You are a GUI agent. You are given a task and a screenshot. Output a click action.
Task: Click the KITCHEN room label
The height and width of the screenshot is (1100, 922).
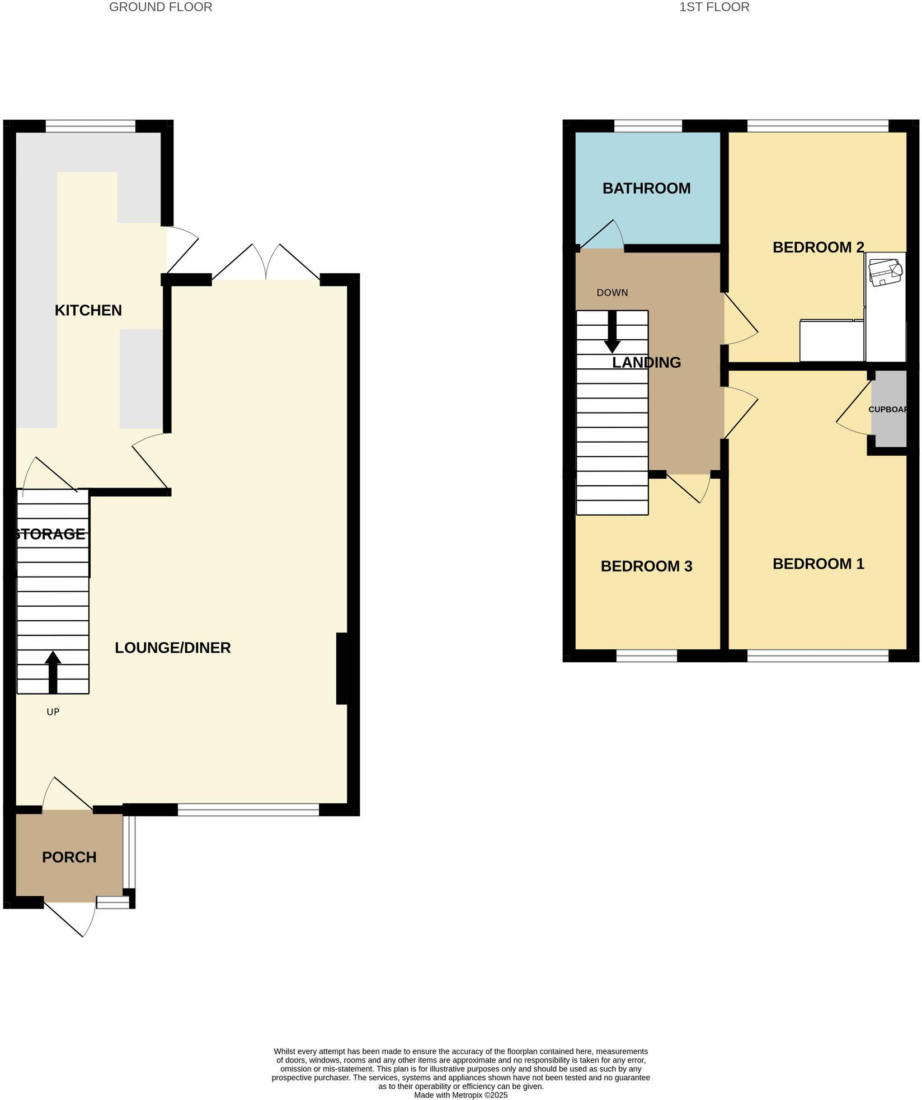[x=88, y=310]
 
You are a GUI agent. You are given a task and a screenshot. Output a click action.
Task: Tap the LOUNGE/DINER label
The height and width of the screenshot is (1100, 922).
[x=173, y=648]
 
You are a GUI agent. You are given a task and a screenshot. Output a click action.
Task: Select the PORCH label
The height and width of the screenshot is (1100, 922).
[x=69, y=857]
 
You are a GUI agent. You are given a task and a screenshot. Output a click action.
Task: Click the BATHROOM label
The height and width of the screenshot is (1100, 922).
[x=646, y=188]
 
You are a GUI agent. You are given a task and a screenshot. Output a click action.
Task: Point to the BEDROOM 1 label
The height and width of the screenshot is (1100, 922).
[x=818, y=564]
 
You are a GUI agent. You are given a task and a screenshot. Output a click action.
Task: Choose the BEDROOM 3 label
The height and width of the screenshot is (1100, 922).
[x=646, y=566]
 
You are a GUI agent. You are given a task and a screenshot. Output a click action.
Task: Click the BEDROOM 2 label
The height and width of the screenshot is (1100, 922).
[x=818, y=247]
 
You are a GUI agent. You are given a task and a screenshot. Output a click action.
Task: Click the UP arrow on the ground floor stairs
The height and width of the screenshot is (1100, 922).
[x=53, y=671]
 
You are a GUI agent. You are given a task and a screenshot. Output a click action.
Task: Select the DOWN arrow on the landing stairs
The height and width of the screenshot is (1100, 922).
[x=613, y=331]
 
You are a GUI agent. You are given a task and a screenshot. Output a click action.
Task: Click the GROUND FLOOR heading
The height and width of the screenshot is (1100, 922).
[x=161, y=7]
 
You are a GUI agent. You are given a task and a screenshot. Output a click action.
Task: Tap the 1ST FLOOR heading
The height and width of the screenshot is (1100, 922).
[x=714, y=7]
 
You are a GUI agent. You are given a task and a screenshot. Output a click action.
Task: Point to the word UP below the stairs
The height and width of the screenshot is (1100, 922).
[x=53, y=712]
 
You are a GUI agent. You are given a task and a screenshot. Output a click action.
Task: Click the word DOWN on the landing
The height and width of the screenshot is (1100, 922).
[x=612, y=293]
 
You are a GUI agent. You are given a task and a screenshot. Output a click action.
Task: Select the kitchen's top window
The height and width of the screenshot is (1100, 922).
[x=91, y=127]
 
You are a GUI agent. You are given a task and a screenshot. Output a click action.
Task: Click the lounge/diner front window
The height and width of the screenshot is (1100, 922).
[x=248, y=809]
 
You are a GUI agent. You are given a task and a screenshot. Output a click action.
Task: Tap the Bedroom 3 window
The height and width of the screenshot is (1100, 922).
[x=647, y=656]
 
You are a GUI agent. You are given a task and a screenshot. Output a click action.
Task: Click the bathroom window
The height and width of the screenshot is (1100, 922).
[x=648, y=127]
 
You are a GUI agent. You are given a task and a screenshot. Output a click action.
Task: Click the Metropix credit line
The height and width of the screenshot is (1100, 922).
[x=460, y=1095]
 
